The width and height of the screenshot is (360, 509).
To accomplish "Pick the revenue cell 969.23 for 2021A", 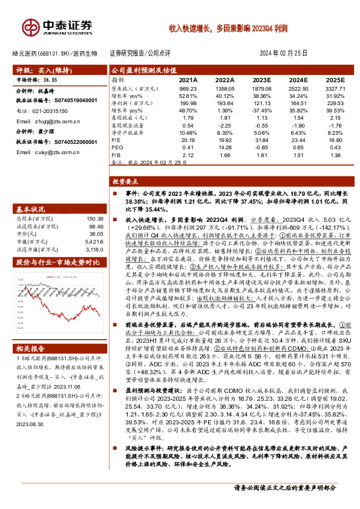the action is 189,88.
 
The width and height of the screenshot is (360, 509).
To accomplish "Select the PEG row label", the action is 117,147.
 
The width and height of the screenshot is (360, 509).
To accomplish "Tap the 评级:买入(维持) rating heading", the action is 42,70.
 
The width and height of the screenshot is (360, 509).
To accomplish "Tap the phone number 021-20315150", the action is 51,112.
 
